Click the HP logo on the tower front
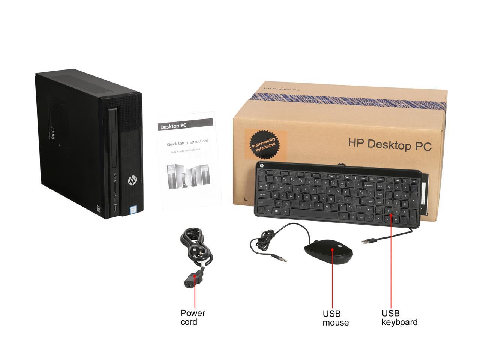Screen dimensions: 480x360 [132, 181]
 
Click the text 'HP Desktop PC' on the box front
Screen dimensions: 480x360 [390, 144]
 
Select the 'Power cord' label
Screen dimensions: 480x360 [193, 317]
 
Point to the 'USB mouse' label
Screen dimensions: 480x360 [336, 318]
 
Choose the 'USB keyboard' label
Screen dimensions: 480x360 [399, 318]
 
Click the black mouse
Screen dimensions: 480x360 [328, 252]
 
